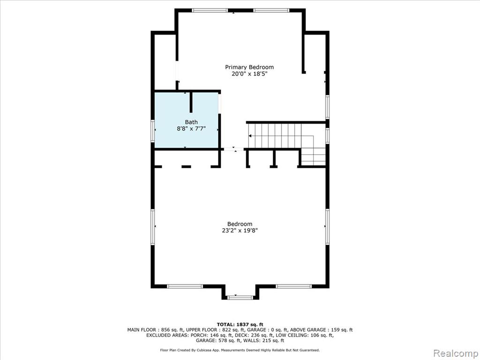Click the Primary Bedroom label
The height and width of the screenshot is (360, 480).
pyautogui.click(x=249, y=67)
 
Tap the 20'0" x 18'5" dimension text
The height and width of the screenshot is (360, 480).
pyautogui.click(x=249, y=74)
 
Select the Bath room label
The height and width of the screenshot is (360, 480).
pyautogui.click(x=191, y=122)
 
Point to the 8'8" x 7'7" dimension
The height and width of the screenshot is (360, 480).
pyautogui.click(x=191, y=129)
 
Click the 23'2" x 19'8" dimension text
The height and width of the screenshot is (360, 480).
pyautogui.click(x=240, y=231)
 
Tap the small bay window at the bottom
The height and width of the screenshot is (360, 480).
pyautogui.click(x=240, y=297)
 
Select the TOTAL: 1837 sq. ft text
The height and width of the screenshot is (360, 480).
pyautogui.click(x=240, y=324)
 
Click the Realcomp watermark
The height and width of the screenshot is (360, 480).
pyautogui.click(x=456, y=353)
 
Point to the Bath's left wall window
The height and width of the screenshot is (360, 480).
pyautogui.click(x=153, y=131)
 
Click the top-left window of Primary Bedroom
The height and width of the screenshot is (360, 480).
pyautogui.click(x=210, y=10)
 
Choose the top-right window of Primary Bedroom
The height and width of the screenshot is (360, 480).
pyautogui.click(x=271, y=10)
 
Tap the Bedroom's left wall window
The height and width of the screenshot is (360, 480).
pyautogui.click(x=153, y=227)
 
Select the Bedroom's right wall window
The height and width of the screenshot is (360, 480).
pyautogui.click(x=327, y=227)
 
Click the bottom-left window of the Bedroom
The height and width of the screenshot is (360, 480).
pyautogui.click(x=185, y=286)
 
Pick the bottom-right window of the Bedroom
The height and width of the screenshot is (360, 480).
pyautogui.click(x=293, y=286)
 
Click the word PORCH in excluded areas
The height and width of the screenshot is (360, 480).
pyautogui.click(x=198, y=335)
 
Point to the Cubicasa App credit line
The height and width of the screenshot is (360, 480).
pyautogui.click(x=240, y=350)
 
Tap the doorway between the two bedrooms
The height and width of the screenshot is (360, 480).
pyautogui.click(x=234, y=149)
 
